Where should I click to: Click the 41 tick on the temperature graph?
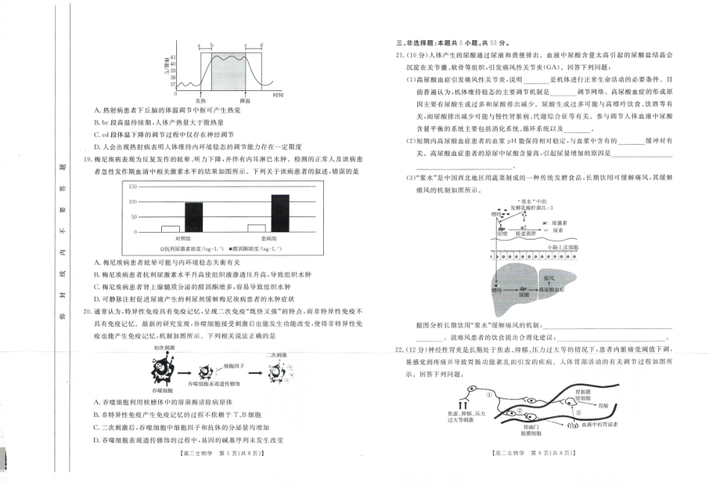click(x=173, y=57)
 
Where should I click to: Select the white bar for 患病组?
click(x=257, y=228)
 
